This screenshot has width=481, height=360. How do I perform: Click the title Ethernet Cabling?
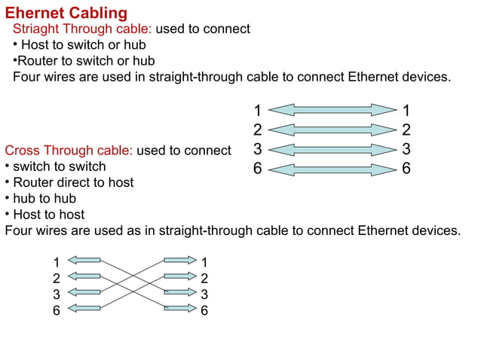point(66,13)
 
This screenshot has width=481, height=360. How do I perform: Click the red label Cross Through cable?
point(69,151)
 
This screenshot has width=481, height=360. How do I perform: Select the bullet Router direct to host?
point(73,182)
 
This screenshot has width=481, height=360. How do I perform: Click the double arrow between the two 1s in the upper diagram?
point(332,110)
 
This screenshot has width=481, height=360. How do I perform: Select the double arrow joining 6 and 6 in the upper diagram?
point(332,169)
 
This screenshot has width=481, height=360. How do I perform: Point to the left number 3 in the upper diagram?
point(257,149)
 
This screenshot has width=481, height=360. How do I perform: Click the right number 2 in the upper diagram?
point(406,130)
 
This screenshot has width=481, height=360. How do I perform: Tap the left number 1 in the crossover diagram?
point(57,262)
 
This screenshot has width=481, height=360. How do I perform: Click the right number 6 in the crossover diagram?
point(204,310)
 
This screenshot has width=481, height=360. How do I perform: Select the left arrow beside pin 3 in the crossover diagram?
point(87,292)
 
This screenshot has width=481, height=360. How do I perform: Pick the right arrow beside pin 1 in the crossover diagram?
point(179,261)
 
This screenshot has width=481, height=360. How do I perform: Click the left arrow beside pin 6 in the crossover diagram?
point(87,308)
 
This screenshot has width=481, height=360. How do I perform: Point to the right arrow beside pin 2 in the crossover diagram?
point(179,276)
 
